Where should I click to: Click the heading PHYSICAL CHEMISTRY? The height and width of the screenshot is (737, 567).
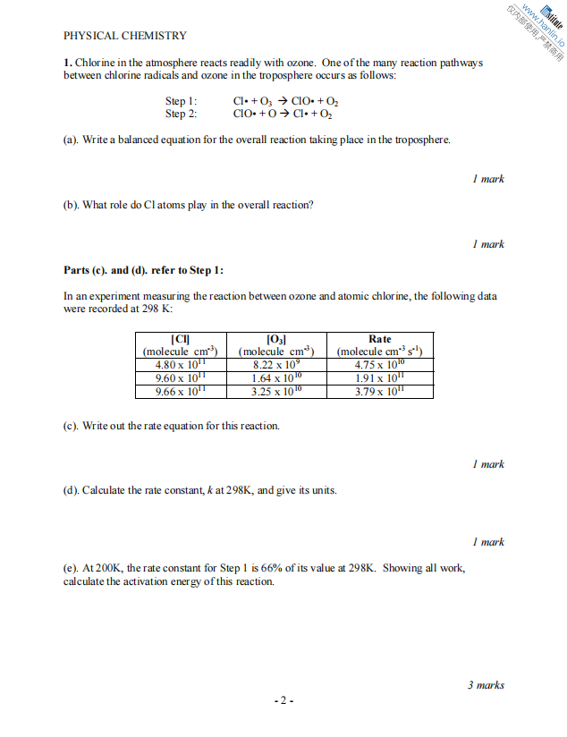tap(125, 36)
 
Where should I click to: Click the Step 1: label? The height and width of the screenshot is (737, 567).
tap(182, 102)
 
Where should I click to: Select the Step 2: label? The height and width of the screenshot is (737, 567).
tap(182, 114)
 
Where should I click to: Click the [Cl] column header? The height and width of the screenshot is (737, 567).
tap(180, 339)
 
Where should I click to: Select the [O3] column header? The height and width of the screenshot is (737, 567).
tap(276, 339)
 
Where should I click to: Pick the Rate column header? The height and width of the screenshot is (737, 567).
tap(379, 339)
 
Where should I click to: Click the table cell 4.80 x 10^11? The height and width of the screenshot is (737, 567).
tap(180, 365)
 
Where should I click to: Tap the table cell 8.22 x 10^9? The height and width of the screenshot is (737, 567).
tap(276, 365)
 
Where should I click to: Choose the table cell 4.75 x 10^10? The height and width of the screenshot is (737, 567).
tap(379, 365)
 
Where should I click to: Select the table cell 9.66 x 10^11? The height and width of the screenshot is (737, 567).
tap(180, 391)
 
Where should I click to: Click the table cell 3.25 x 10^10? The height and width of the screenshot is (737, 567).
tap(276, 391)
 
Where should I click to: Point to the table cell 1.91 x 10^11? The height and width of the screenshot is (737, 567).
tap(379, 378)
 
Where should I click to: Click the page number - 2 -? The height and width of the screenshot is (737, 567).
tap(283, 700)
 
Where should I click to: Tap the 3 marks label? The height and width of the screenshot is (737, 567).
tap(486, 685)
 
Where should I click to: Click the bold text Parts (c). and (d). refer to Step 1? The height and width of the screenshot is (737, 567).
tap(144, 270)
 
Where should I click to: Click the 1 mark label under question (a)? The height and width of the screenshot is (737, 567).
tap(488, 179)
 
